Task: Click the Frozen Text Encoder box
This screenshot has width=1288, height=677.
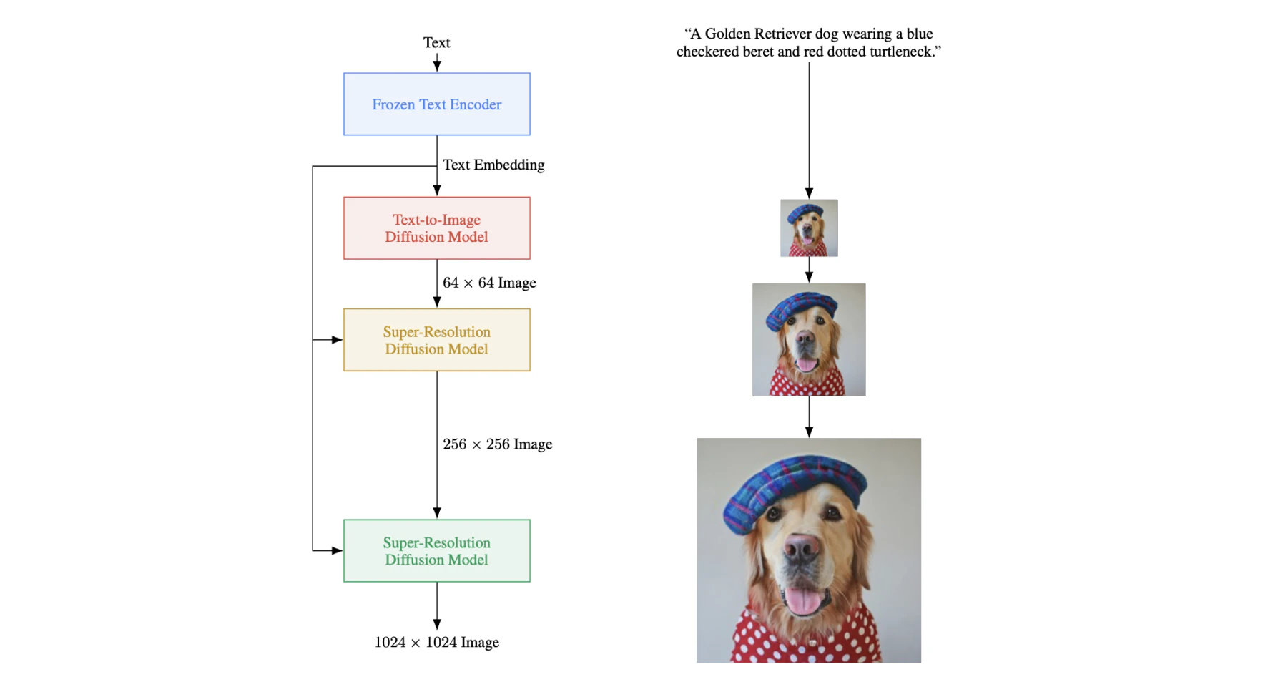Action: tap(436, 104)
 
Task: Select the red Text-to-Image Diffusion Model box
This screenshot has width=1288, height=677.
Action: tap(436, 228)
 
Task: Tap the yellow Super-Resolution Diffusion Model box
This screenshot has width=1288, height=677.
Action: tap(436, 340)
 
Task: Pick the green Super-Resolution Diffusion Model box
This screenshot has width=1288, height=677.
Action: tap(436, 551)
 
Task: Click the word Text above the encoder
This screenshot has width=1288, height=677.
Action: tap(436, 42)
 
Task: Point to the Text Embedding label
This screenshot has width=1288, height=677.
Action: tap(493, 165)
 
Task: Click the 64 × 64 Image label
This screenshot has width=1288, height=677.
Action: tap(489, 283)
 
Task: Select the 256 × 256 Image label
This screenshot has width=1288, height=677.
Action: tap(497, 444)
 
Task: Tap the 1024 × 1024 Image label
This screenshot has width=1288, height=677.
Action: tap(436, 642)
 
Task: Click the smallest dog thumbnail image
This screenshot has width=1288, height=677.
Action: tap(809, 228)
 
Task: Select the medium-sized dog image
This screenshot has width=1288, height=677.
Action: tap(809, 340)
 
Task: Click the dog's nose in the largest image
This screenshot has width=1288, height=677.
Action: tap(802, 547)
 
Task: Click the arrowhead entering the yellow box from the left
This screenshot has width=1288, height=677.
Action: tap(338, 340)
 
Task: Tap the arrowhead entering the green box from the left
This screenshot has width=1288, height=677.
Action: tap(338, 551)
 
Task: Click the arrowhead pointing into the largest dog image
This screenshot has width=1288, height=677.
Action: tap(809, 432)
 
